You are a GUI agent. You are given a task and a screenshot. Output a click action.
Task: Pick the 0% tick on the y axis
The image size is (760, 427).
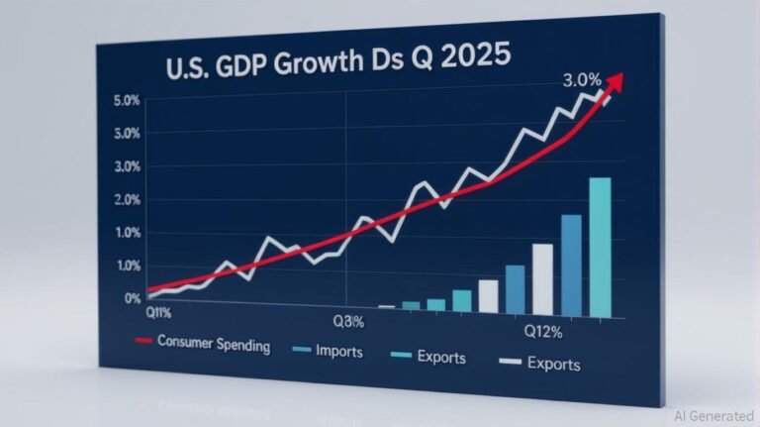pos(133,297)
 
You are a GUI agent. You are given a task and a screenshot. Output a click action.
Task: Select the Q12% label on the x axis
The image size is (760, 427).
pos(541,330)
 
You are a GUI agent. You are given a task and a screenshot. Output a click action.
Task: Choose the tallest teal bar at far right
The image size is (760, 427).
pos(600,247)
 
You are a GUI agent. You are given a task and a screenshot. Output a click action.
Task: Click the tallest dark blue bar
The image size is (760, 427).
pos(571,265)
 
